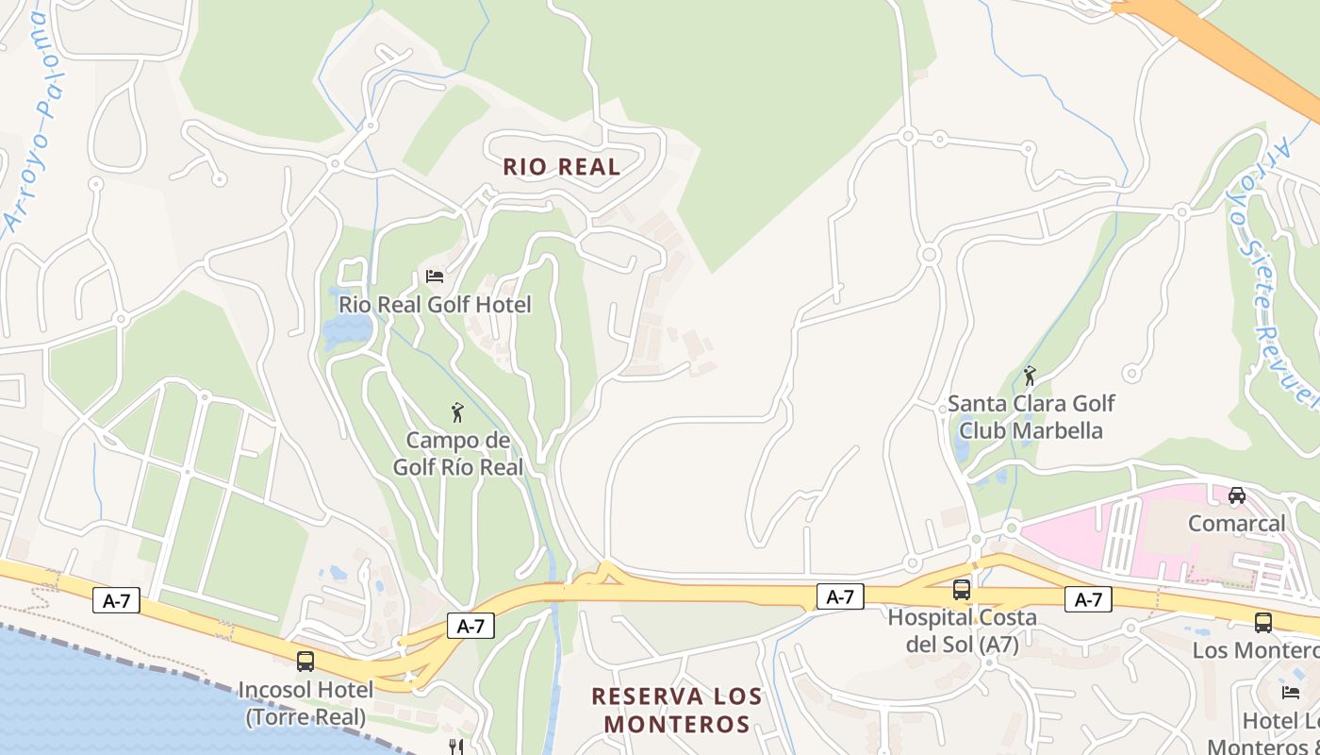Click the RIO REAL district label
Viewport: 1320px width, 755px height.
pos(561,167)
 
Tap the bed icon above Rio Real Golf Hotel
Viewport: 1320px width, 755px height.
pos(435,277)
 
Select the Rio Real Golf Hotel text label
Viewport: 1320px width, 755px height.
pos(435,305)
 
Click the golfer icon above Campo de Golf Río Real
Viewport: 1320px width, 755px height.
pos(457,412)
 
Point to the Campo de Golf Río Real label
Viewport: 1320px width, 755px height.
pos(457,453)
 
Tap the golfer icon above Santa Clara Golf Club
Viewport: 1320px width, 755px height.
pos(1029,377)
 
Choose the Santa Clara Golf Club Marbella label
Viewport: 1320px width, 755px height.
pos(1031,417)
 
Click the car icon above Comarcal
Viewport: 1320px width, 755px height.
pos(1236,495)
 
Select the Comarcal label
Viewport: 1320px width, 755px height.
pos(1236,523)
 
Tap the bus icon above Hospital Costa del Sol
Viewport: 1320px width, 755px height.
pos(961,590)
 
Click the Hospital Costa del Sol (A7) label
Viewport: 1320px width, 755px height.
pos(962,630)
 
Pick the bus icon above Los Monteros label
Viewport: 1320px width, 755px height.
pos(1262,623)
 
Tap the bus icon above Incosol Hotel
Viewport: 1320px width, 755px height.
pos(305,661)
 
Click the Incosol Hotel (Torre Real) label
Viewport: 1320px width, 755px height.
pos(305,703)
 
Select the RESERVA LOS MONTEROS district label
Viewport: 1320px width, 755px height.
pos(676,711)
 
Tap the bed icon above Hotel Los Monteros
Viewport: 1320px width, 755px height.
pos(1291,692)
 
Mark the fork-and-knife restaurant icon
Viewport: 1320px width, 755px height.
pos(457,747)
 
